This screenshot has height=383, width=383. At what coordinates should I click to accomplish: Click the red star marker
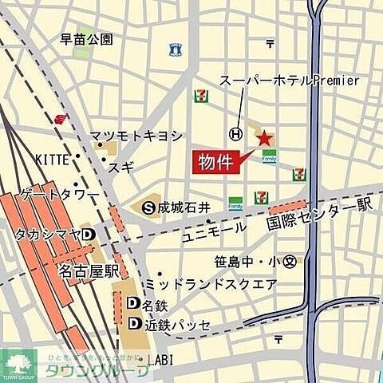click(263, 138)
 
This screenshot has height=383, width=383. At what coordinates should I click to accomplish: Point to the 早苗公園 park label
click(87, 38)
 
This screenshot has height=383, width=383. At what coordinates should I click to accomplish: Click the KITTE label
click(52, 160)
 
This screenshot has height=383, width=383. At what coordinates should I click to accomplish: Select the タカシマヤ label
click(47, 234)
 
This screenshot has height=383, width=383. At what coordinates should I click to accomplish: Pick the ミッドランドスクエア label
click(210, 284)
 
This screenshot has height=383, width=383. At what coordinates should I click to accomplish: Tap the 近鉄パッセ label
click(176, 325)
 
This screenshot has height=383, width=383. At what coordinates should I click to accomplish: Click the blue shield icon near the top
click(175, 49)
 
